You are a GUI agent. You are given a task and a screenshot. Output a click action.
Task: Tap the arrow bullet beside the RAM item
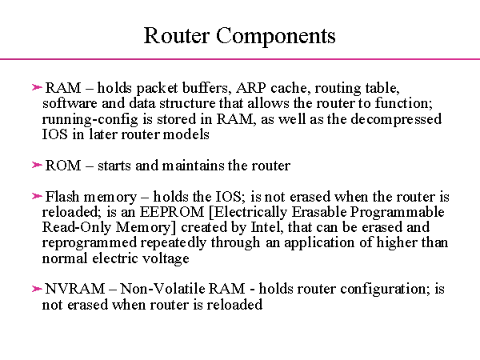point(37,86)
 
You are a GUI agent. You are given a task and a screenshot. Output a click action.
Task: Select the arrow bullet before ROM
point(37,166)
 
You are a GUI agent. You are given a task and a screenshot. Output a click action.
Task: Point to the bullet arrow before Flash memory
point(37,196)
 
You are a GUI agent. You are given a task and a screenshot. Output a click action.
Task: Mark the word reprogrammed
point(82,242)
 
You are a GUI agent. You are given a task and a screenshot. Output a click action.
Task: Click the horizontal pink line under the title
point(240,59)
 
